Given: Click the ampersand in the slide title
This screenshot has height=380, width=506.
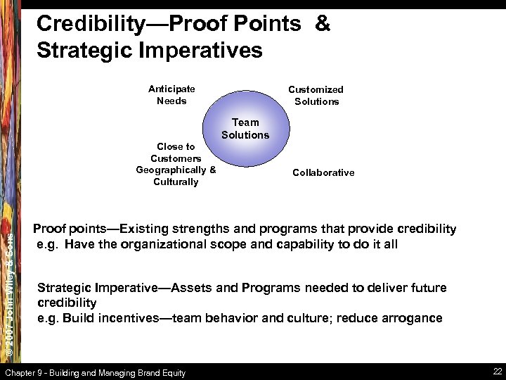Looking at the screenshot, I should click(x=322, y=23).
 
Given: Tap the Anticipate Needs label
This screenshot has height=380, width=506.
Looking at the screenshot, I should click(x=171, y=95).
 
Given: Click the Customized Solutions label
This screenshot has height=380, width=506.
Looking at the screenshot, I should click(x=316, y=95).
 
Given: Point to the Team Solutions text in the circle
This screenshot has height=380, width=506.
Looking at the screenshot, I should click(x=245, y=128).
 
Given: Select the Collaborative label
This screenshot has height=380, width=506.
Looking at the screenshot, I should click(x=323, y=172).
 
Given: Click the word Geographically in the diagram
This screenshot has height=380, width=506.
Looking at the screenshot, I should click(x=171, y=170).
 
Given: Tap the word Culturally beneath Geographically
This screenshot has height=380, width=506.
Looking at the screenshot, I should click(x=176, y=182).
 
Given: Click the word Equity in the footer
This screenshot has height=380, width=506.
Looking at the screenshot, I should click(x=172, y=373).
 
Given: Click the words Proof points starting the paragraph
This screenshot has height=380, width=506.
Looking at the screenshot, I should click(x=71, y=229).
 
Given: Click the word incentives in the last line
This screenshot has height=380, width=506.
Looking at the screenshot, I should click(x=127, y=317).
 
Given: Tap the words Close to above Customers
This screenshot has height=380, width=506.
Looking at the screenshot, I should click(x=176, y=146).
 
